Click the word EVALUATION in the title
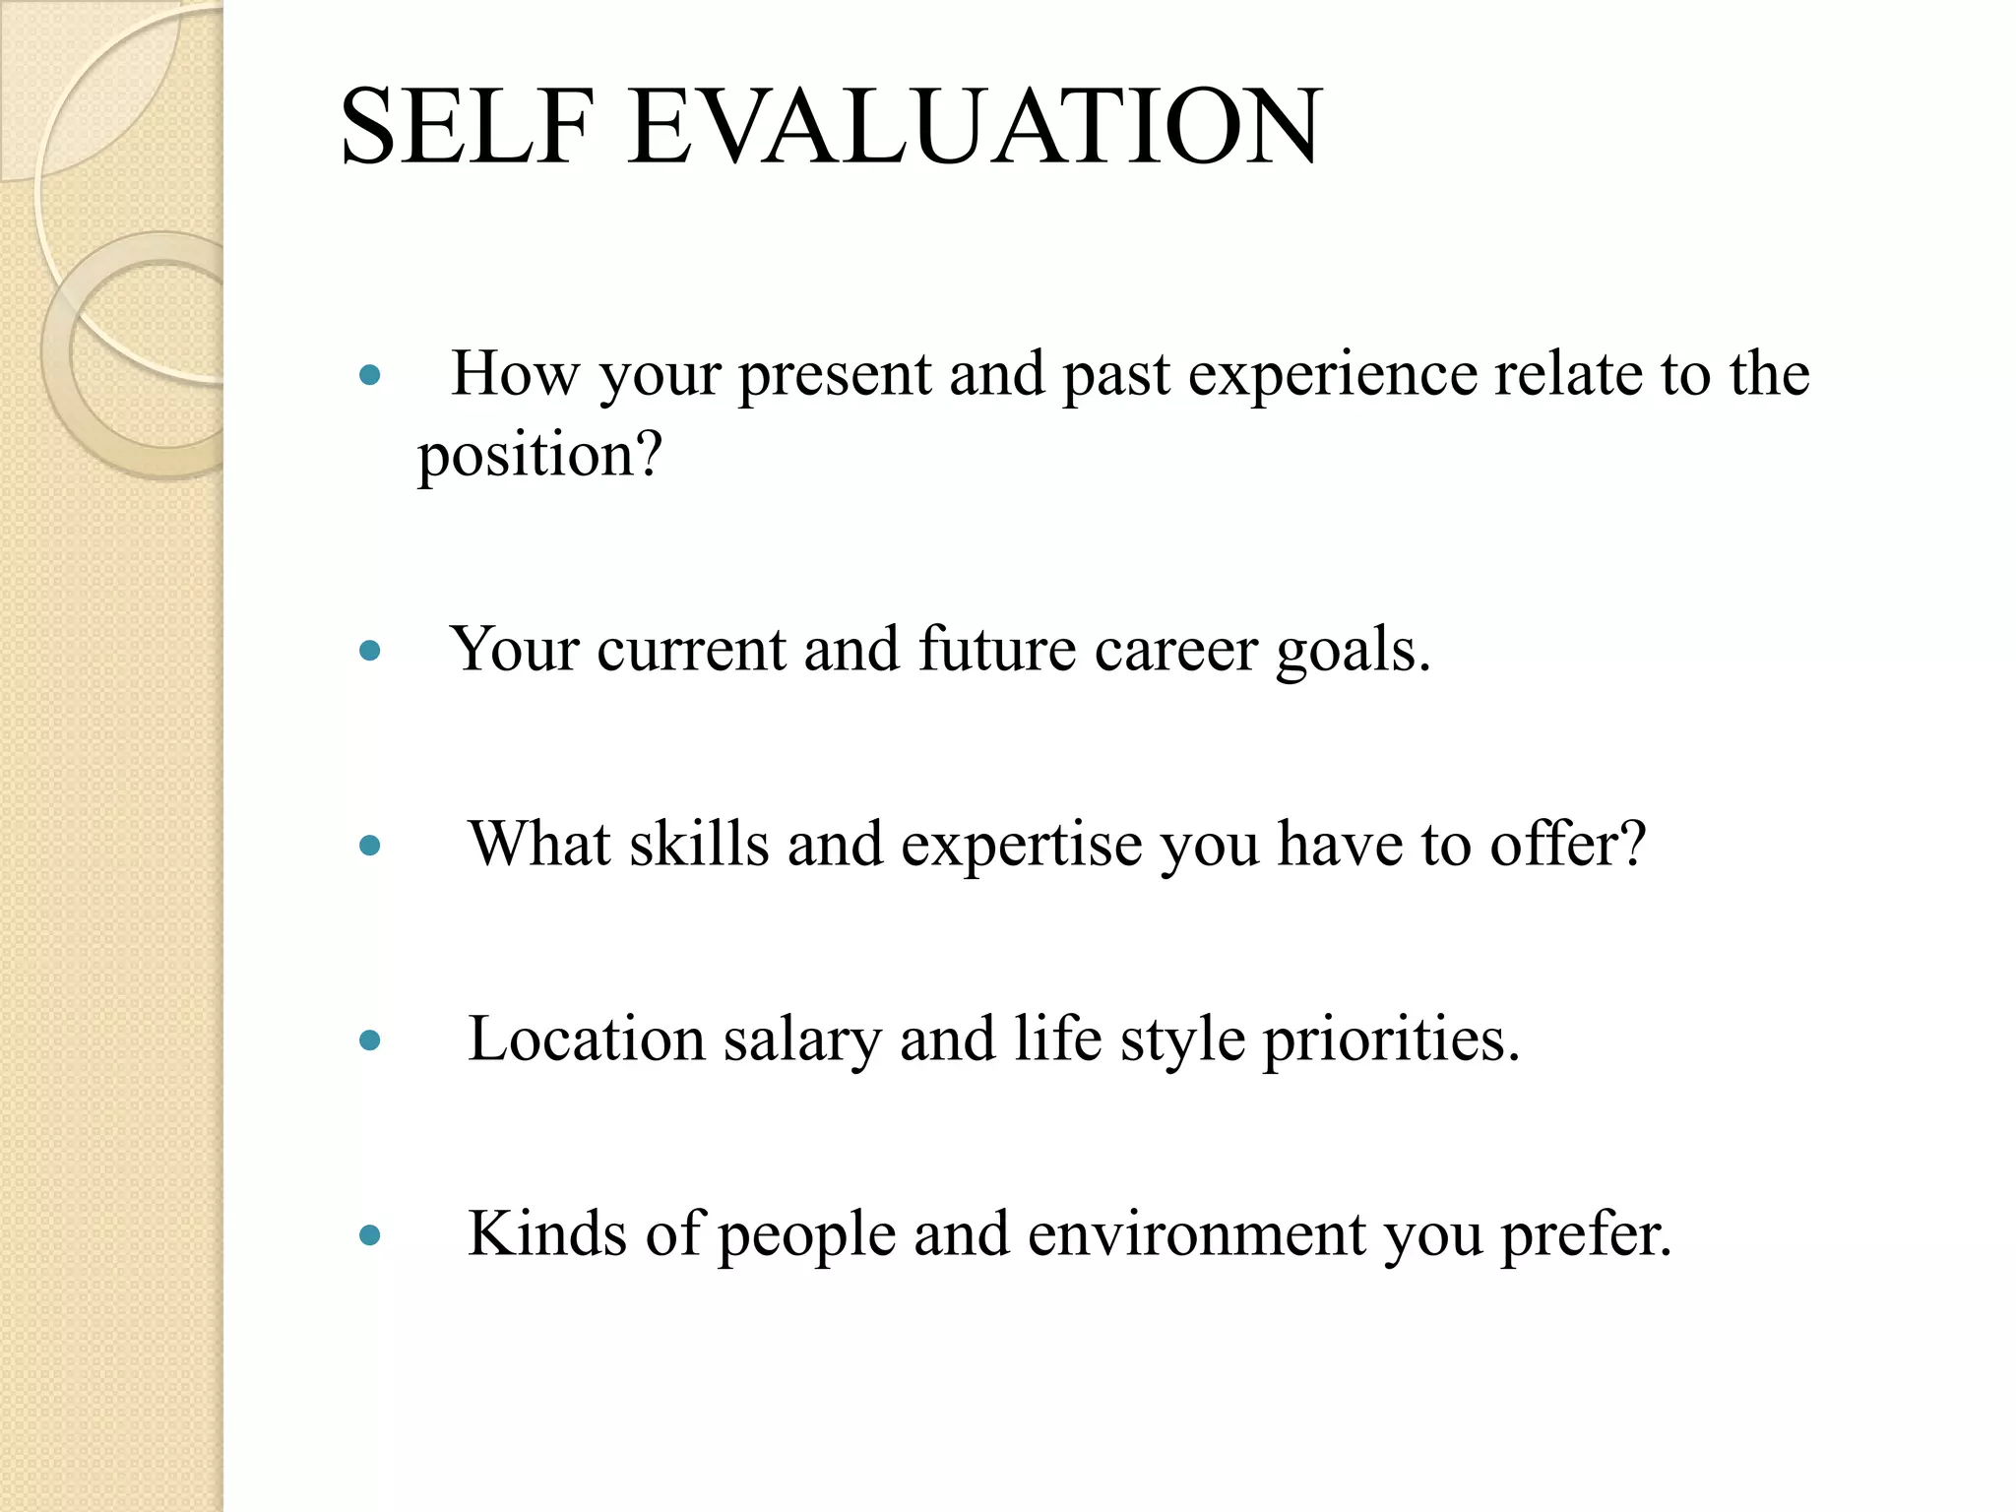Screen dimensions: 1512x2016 click(975, 127)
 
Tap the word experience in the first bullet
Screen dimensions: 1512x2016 click(1332, 376)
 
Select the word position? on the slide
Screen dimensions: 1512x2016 click(539, 457)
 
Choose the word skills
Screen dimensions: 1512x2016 click(699, 845)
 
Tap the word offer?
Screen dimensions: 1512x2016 click(1567, 845)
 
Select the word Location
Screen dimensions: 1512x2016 click(587, 1039)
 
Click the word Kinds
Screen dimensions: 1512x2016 click(546, 1234)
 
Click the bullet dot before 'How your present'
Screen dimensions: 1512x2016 click(370, 375)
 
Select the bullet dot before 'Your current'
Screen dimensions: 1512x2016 click(370, 651)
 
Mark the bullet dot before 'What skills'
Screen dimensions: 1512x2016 click(370, 846)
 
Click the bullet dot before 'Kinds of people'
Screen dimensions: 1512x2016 click(370, 1235)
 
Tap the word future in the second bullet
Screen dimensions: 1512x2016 click(996, 651)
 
